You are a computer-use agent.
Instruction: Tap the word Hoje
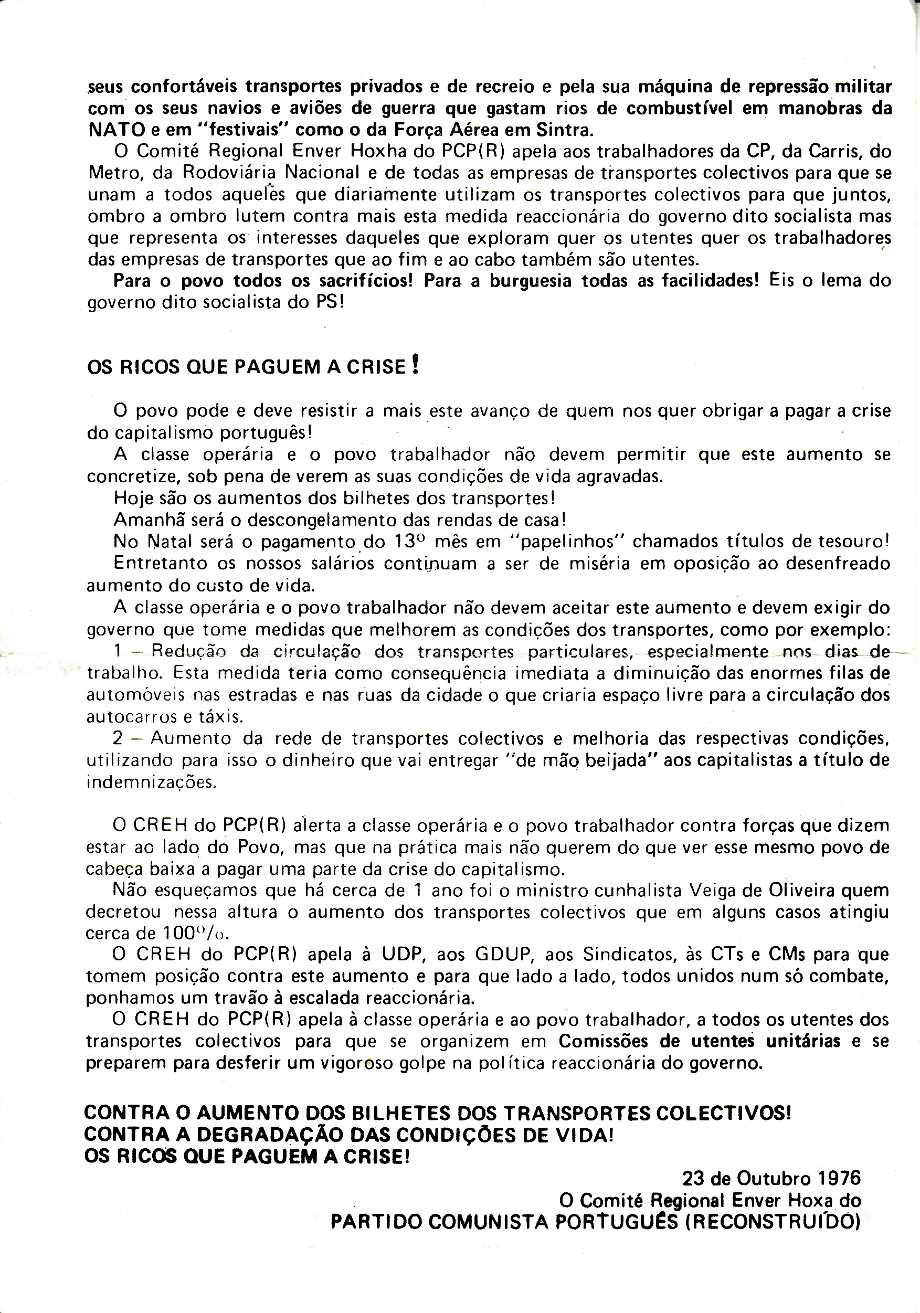[x=132, y=498]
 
